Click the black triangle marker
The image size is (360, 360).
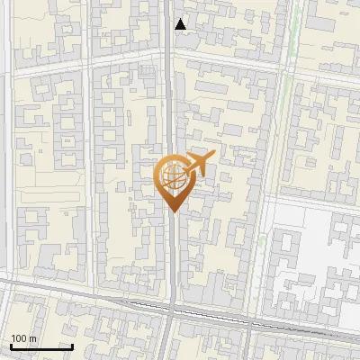click(182, 24)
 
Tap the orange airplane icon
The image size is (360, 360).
click(199, 164)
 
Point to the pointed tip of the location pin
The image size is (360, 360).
click(174, 212)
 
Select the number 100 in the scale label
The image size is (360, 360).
click(19, 338)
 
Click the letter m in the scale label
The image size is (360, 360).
click(33, 338)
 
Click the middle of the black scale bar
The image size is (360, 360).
click(41, 346)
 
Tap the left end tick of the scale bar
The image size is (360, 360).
click(11, 346)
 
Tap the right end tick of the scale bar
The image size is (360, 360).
click(72, 346)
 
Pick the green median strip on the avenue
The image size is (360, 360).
click(289, 108)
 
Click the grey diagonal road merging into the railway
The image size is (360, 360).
click(54, 290)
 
